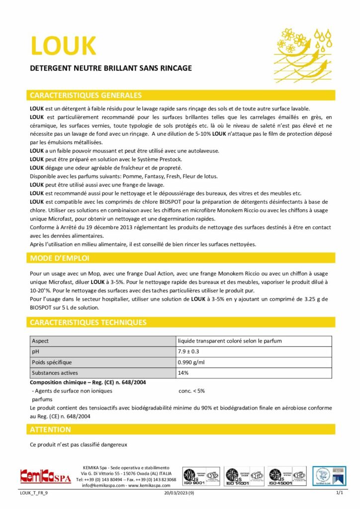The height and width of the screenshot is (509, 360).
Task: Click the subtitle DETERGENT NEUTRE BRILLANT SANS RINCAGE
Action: pyautogui.click(x=111, y=68)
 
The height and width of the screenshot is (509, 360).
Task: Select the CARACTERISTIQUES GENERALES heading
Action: pyautogui.click(x=86, y=95)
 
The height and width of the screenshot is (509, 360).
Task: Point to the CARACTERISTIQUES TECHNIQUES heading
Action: pyautogui.click(x=88, y=322)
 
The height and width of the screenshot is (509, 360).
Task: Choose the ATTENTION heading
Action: pyautogui.click(x=50, y=429)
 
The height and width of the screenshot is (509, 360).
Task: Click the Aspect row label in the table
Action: pyautogui.click(x=40, y=341)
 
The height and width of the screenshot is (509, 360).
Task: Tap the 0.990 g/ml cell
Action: pyautogui.click(x=191, y=362)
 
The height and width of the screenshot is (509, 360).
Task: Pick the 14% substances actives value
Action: pyautogui.click(x=183, y=372)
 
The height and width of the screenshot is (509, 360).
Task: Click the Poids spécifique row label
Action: pyautogui.click(x=52, y=362)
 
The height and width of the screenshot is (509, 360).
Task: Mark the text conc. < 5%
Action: pyautogui.click(x=191, y=391)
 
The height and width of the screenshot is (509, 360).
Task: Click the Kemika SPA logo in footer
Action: pyautogui.click(x=45, y=476)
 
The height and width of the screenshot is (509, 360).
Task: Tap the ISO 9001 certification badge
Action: pyautogui.click(x=201, y=476)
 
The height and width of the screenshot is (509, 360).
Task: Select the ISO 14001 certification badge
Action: pyautogui.click(x=243, y=476)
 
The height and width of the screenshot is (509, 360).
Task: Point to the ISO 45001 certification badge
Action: pyautogui.click(x=286, y=476)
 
